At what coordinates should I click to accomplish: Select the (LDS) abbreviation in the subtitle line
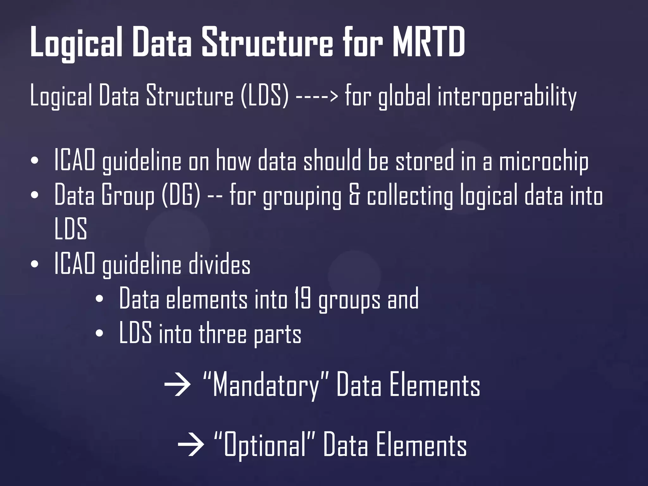[265, 96]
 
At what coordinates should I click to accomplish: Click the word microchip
[544, 161]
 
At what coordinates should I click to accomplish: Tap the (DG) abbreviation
[181, 196]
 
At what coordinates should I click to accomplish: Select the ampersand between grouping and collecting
[354, 196]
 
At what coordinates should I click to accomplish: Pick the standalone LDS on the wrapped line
[71, 228]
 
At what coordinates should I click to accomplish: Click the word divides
[220, 265]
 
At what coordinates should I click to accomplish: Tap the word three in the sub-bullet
[222, 333]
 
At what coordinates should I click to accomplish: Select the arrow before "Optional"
[190, 445]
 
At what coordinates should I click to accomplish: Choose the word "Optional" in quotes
[265, 445]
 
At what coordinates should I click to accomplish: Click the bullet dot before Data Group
[35, 195]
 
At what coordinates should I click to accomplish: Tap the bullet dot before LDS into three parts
[99, 333]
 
